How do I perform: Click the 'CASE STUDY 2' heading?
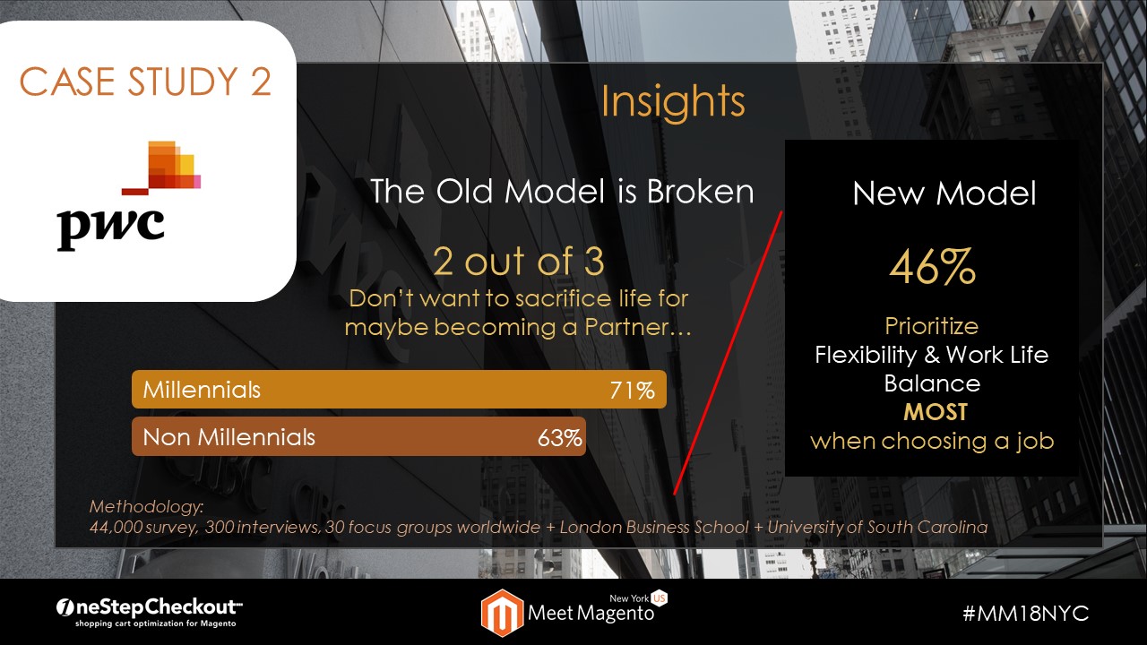pos(145,82)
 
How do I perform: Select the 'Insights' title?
pos(673,101)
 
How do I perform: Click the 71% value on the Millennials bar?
pos(632,391)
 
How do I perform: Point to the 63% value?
pos(560,438)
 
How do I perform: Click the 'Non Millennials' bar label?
pos(229,437)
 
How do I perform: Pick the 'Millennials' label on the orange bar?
pos(202,390)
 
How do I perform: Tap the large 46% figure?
pos(932,266)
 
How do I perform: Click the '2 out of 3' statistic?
pos(519,261)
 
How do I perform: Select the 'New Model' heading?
pos(944,193)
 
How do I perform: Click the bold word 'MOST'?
pos(935,412)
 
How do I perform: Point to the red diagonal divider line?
pos(729,353)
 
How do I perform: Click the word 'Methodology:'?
pos(146,506)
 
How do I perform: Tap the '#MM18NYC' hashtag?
pos(1026,613)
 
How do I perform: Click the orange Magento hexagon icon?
pos(502,613)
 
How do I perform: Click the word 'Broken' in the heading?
pos(701,192)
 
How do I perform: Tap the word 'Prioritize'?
pos(931,326)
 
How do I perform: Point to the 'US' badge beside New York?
pos(659,598)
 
